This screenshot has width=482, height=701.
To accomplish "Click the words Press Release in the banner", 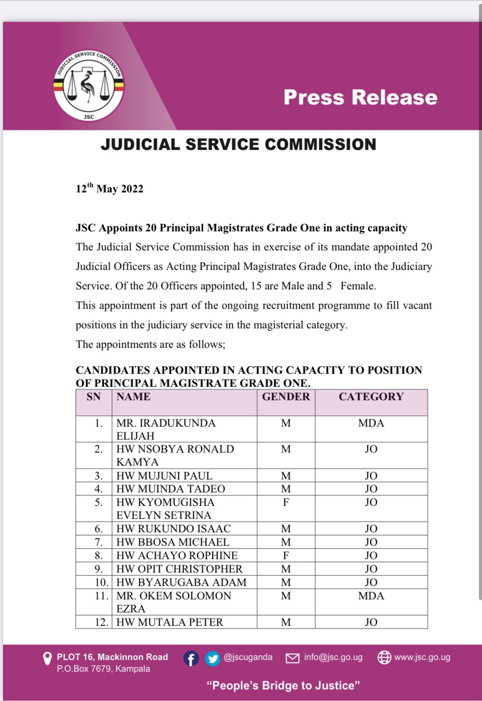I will click(x=360, y=97).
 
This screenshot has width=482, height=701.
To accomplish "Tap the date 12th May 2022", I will click(x=109, y=189).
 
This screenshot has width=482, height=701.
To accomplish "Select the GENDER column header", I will click(x=286, y=397).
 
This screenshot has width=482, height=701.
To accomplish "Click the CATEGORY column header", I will click(x=371, y=397).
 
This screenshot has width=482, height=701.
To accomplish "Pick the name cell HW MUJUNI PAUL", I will click(x=164, y=476).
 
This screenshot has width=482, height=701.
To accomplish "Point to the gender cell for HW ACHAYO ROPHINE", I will click(x=286, y=556).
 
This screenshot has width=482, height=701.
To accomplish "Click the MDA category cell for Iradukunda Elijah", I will click(x=371, y=423).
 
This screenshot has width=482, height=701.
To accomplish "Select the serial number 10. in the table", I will click(x=101, y=582).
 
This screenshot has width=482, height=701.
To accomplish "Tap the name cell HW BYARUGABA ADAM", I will click(x=181, y=582).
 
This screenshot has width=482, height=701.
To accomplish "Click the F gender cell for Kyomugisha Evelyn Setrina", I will click(x=286, y=502).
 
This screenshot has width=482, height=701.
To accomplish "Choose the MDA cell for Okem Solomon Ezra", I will click(x=371, y=596).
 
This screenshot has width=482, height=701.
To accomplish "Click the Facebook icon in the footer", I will click(x=191, y=659).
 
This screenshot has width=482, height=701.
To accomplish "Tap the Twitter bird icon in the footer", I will click(x=212, y=659).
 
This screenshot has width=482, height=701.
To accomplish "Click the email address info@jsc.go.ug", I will click(x=333, y=657).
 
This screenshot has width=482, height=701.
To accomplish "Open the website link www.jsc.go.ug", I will click(x=422, y=657).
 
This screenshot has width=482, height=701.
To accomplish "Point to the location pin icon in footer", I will click(x=47, y=659).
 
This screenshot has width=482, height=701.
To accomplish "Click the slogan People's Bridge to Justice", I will click(x=283, y=685).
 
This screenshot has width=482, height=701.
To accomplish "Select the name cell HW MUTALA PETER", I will click(x=170, y=622).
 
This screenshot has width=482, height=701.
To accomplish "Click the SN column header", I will click(x=93, y=397).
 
